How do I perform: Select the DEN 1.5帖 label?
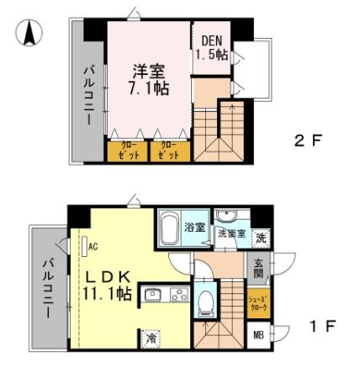coord(210,47)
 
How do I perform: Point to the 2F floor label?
coord(307,141)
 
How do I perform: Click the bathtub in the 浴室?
coord(169,227)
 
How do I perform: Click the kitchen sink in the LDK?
coord(152,295)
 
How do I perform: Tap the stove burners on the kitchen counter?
coord(179,295)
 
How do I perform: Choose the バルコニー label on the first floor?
coord(47,288)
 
